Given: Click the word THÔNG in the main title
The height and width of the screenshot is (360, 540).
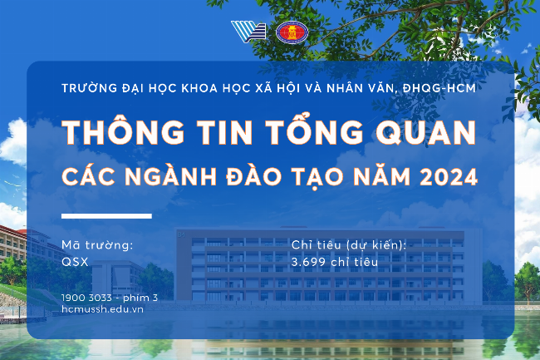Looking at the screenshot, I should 110,134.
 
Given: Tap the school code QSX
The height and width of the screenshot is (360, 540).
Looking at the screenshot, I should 75,261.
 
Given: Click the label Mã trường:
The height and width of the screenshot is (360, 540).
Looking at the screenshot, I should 98,244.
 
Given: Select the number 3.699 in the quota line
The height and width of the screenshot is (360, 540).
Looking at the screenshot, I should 307,261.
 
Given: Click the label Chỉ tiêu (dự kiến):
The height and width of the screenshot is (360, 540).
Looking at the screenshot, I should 349,244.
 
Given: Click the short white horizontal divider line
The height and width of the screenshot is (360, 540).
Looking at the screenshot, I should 107,216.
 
